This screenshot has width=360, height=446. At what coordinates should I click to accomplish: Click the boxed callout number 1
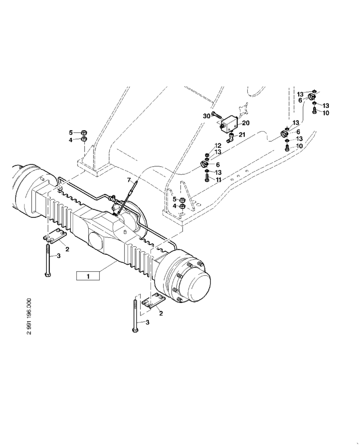tap(88, 276)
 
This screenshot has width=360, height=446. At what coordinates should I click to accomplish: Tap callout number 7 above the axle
tap(130, 180)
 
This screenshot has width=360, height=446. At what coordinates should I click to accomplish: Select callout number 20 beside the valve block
tap(246, 122)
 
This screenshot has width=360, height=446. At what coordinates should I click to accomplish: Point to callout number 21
tap(242, 135)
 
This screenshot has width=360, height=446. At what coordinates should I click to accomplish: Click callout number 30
tap(206, 116)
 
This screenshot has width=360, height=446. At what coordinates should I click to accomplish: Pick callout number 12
tap(218, 146)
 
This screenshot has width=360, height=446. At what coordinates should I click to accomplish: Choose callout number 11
tap(218, 179)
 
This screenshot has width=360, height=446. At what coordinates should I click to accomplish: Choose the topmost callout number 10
tap(326, 113)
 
